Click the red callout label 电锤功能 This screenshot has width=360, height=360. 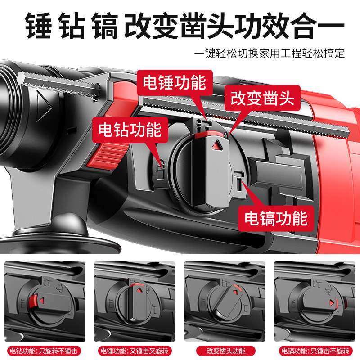(174, 83)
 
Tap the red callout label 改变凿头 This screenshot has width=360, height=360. (263, 98)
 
